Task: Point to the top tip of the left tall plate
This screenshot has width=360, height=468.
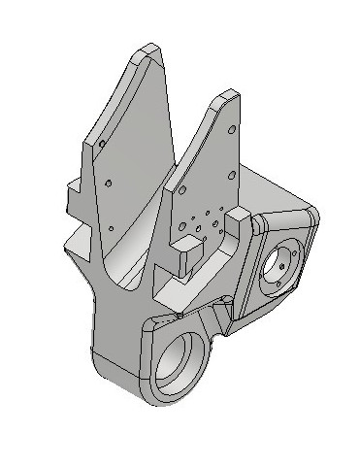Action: coord(147,49)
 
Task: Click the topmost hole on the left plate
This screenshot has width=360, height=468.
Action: coord(100,143)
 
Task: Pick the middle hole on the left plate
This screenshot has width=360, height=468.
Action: coord(111,183)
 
